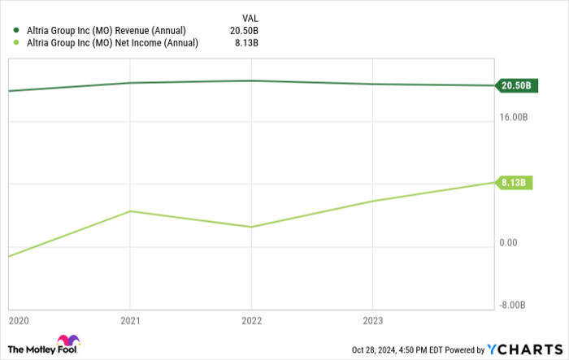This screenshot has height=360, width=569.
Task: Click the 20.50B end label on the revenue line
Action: point(515,85)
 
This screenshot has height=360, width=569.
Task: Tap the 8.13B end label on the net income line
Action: point(514,183)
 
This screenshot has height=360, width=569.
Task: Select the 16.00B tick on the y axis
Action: point(514,117)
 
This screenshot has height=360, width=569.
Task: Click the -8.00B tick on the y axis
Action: point(514,306)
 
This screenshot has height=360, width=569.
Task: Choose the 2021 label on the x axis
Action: point(130,320)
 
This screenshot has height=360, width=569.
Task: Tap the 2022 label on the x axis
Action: point(251,320)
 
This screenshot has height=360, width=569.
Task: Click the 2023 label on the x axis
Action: point(372,320)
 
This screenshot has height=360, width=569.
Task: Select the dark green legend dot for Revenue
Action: point(15,31)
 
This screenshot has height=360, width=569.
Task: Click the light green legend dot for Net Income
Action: point(15,43)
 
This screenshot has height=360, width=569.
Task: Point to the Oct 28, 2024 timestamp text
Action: point(395,349)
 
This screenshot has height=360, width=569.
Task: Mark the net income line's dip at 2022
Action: point(251,227)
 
